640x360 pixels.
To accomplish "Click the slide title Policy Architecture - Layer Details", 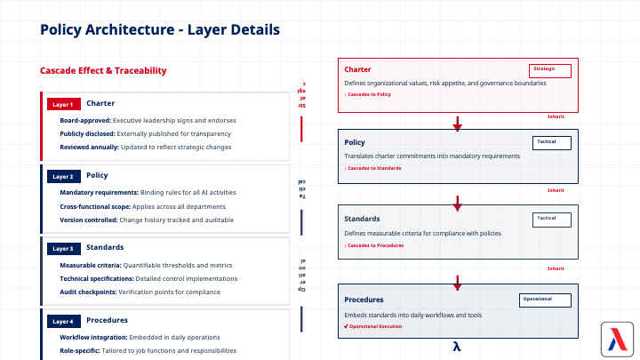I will [160, 30].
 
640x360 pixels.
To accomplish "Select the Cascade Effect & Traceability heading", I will [103, 71].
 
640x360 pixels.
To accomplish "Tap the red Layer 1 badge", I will [63, 104].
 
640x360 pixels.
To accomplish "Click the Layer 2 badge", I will [63, 176].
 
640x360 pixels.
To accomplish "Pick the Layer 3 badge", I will [63, 248].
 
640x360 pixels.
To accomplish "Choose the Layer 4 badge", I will [63, 321].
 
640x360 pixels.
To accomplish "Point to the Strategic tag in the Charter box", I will [549, 70].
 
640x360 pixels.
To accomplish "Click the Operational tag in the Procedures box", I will [544, 300].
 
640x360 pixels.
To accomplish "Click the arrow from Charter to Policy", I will [457, 123].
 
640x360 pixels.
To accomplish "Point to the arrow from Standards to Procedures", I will [457, 283].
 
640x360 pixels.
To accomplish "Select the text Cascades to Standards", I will [373, 168].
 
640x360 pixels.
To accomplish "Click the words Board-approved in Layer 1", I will [86, 120].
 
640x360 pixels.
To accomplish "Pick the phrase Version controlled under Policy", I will [89, 219].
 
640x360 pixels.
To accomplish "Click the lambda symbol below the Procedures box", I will [457, 347].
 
